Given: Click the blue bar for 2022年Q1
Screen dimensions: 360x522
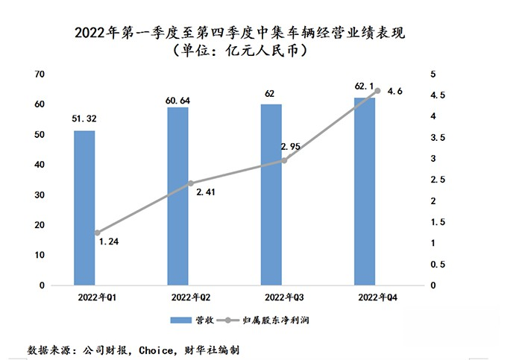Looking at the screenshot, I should [84, 208].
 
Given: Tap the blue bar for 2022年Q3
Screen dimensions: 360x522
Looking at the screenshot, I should [271, 195].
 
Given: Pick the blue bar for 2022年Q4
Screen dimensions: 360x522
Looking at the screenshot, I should [365, 192].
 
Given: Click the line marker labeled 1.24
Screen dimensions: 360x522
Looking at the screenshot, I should [97, 233].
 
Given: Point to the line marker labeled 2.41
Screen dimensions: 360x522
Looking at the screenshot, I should [190, 183].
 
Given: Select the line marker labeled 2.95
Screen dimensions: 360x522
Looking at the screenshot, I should [283, 160].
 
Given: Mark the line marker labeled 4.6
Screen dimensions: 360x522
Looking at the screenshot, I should [377, 91].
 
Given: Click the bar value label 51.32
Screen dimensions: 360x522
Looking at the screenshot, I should [84, 118].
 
